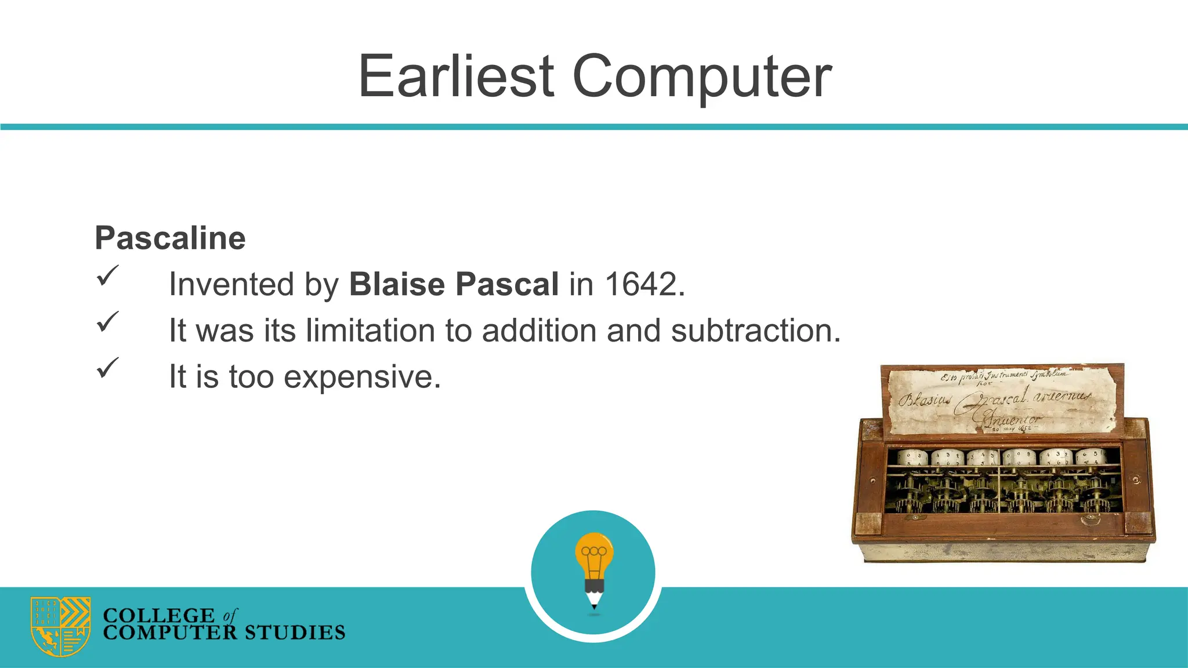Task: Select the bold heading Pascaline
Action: (170, 238)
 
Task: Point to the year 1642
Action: (640, 284)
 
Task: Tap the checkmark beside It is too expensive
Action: (107, 367)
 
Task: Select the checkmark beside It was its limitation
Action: (107, 321)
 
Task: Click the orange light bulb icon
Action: (594, 554)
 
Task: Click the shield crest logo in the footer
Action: (60, 626)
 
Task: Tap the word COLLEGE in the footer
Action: (158, 615)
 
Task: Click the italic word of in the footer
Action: (230, 615)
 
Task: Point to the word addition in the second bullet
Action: (539, 331)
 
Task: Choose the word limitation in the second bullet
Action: (370, 331)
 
